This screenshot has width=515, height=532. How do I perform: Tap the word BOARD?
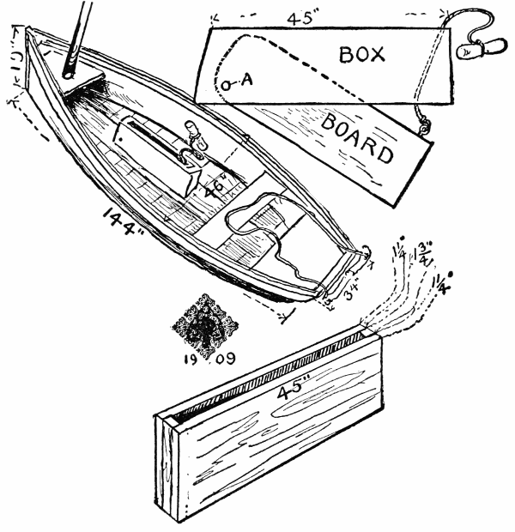pyautogui.click(x=359, y=136)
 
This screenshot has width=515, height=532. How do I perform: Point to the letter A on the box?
pyautogui.click(x=246, y=81)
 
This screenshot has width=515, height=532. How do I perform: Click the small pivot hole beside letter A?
pyautogui.click(x=227, y=83)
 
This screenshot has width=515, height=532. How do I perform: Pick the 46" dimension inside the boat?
pyautogui.click(x=215, y=184)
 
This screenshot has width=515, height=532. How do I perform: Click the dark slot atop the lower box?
pyautogui.click(x=266, y=374)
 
